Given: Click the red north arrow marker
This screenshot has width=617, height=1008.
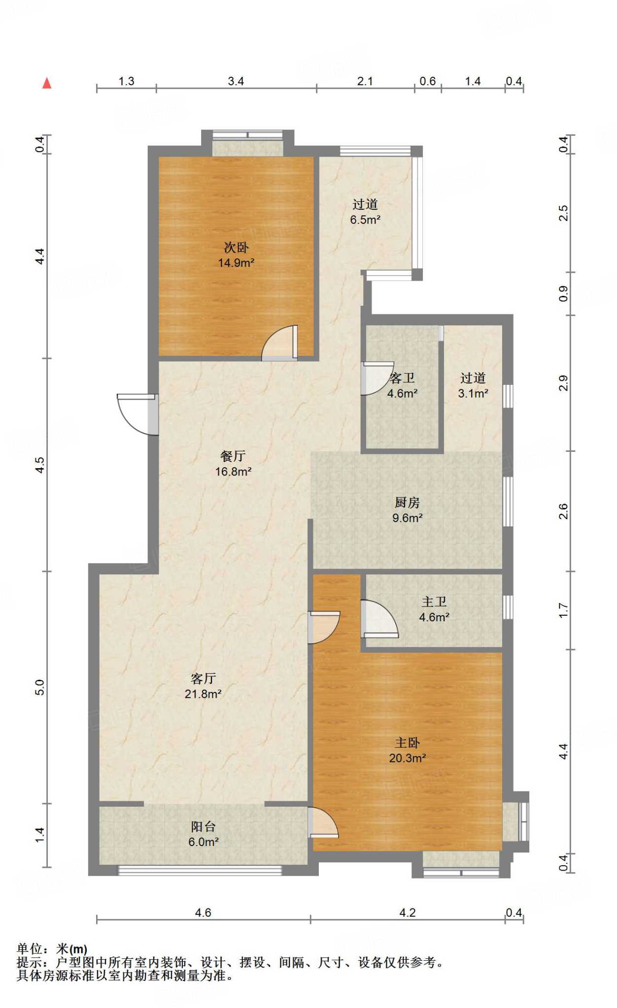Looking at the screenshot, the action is [47, 83].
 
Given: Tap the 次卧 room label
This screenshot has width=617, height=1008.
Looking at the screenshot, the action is [236, 247].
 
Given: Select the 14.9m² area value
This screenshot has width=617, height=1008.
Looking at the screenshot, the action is [236, 263].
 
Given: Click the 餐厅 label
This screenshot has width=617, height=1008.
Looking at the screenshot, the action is [233, 456].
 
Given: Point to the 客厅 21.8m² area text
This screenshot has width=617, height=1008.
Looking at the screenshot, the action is [203, 694].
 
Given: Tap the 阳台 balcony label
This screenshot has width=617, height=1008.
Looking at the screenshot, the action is [204, 826].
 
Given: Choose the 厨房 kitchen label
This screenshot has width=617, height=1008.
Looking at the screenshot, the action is [407, 503].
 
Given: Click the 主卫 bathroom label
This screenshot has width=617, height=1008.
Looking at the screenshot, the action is [434, 601].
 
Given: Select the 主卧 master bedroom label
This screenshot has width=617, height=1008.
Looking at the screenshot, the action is [407, 743].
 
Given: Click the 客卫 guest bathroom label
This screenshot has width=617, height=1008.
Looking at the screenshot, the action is [402, 378].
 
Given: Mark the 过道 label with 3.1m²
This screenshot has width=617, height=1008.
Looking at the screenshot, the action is [473, 378].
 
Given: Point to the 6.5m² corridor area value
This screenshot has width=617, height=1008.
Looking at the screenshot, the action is [365, 220].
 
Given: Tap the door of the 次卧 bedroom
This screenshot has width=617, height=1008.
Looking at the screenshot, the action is [279, 343].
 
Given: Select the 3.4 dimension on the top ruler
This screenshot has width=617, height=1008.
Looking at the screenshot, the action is [236, 81].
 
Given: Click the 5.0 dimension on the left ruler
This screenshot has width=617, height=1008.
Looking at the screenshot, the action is [40, 687].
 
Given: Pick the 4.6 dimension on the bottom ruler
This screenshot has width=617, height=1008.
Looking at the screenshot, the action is [203, 913].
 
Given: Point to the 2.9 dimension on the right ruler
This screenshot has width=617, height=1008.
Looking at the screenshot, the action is [563, 383].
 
